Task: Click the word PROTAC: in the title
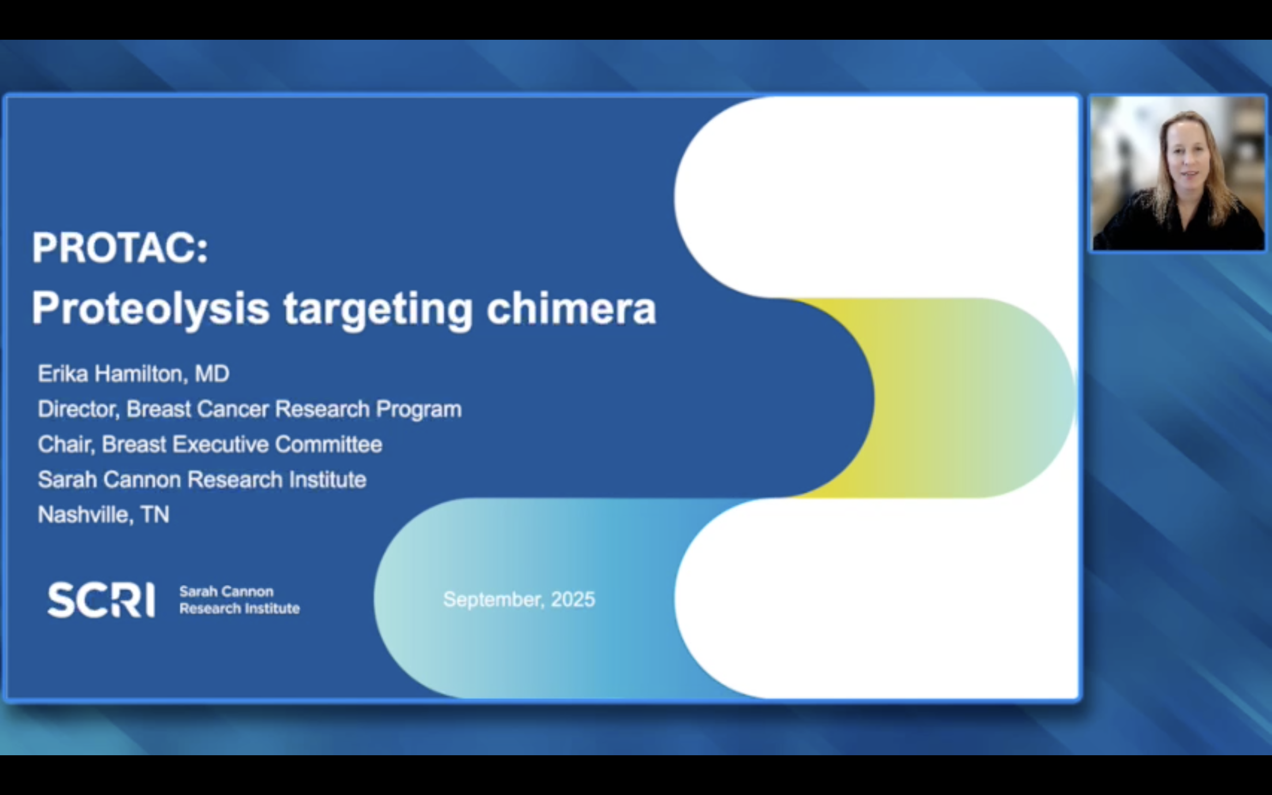point(120,248)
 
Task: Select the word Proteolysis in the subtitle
point(150,309)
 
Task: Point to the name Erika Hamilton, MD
point(133,374)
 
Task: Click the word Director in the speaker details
point(78,409)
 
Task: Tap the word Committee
point(329,444)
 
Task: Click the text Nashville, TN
point(103,515)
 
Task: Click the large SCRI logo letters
point(101,599)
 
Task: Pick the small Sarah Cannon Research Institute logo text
point(239,600)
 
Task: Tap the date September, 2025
point(519,599)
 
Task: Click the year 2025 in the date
point(572,599)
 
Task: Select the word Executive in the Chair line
point(221,444)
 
